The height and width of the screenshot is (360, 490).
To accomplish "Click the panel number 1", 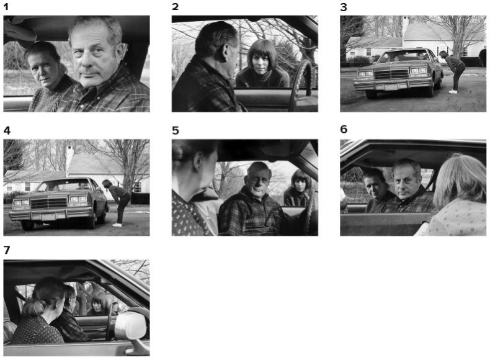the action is [6, 7].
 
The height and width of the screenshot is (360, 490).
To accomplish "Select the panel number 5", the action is [176, 130].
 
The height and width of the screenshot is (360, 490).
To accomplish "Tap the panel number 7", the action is [7, 250].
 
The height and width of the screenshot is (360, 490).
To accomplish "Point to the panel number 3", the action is [344, 7].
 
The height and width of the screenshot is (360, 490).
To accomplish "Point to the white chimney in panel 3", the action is [405, 25].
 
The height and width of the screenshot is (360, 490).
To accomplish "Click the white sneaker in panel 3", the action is [453, 92].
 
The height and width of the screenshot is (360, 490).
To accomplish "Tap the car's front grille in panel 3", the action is [391, 74].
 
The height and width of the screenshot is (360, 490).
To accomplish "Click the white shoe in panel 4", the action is [117, 225].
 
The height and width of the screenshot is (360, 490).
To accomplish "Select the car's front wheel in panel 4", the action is [27, 225].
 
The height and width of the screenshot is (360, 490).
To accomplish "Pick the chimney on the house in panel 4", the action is [69, 158].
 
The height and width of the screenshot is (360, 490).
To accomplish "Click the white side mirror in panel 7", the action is [131, 326].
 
